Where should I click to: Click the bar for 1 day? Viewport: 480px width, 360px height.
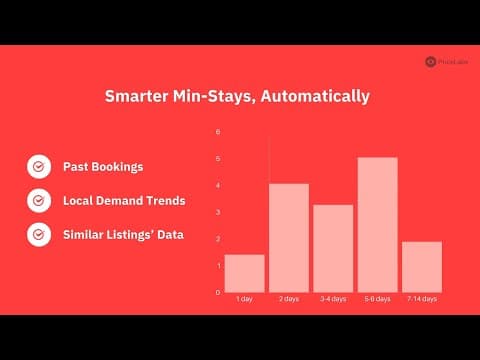click(x=244, y=273)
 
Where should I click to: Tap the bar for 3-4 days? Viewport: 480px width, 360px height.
click(x=333, y=248)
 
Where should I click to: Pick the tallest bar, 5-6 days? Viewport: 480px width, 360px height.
click(x=377, y=225)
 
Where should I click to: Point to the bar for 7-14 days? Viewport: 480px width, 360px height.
click(x=421, y=267)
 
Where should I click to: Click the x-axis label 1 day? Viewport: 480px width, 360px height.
click(x=244, y=299)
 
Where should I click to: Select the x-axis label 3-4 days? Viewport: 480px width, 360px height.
click(x=333, y=299)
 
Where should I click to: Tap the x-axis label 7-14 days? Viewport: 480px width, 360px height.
click(x=421, y=299)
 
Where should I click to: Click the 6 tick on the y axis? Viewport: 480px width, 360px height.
click(x=218, y=132)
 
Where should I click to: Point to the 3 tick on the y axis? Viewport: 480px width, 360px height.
click(x=218, y=212)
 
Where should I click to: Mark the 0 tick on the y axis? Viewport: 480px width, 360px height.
click(x=218, y=292)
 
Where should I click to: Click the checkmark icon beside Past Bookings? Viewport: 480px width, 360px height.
click(x=38, y=166)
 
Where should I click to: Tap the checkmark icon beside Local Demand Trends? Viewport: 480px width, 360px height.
click(x=38, y=201)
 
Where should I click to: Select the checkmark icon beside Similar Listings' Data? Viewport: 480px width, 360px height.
click(x=38, y=235)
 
